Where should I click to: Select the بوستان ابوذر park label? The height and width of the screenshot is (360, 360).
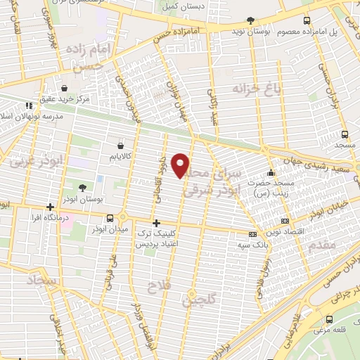click(83, 200)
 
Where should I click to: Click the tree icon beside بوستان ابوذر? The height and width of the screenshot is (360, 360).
click(83, 188)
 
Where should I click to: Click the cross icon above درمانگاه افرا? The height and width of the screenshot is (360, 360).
click(50, 207)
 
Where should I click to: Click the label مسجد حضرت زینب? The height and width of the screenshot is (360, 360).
click(270, 188)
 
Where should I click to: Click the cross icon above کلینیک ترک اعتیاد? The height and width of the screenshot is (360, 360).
click(156, 224)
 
